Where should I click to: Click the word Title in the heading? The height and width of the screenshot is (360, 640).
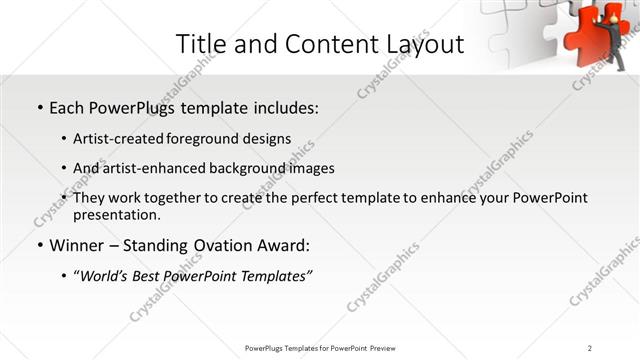(199, 45)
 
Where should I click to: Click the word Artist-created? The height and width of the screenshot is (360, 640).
(121, 138)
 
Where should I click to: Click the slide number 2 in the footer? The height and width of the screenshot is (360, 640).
(590, 348)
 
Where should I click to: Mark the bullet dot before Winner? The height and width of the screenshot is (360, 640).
(39, 246)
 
